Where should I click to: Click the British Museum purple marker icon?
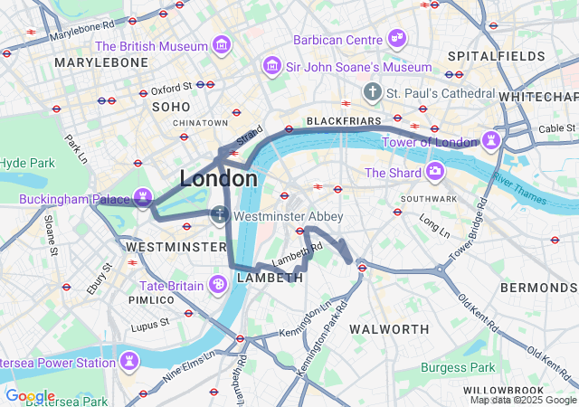point(221,45)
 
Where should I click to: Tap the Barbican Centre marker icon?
point(396,38)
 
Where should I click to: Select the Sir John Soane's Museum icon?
point(271,66)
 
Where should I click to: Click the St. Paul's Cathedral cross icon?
point(372,92)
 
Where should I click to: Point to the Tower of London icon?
point(491,141)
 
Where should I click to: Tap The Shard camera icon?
point(435,171)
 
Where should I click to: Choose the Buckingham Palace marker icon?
point(142,196)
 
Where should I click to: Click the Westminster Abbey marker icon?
point(218,216)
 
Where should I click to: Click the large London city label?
point(218,178)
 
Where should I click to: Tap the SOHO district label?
point(171,107)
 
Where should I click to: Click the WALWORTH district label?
point(389,327)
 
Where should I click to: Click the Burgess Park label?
point(458,367)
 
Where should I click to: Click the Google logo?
point(30,396)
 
